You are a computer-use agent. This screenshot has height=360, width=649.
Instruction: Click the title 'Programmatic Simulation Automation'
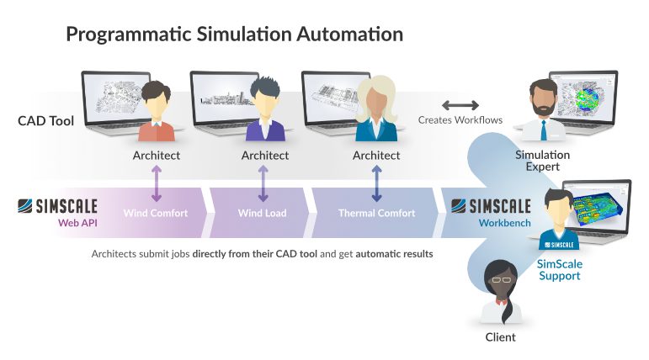[x=234, y=34]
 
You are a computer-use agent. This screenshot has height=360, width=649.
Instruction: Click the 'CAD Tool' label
[x=45, y=121]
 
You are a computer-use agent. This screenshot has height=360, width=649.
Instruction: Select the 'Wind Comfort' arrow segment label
[x=156, y=213]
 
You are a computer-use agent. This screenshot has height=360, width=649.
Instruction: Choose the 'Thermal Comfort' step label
[x=376, y=213]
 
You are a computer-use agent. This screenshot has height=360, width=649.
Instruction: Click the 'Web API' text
[x=74, y=224]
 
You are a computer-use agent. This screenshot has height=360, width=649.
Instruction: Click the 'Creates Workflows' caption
[x=460, y=120]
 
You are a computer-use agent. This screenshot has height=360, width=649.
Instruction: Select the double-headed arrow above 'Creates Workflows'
[x=460, y=105]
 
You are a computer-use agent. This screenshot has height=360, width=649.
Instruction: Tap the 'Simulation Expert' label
[x=542, y=161]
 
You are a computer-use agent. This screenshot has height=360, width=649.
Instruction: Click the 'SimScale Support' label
[x=559, y=269]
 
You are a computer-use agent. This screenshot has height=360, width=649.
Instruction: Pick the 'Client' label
[x=501, y=337]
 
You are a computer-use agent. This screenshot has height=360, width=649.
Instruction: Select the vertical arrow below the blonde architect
[x=376, y=183]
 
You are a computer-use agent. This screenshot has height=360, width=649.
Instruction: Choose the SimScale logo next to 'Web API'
[x=58, y=206]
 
